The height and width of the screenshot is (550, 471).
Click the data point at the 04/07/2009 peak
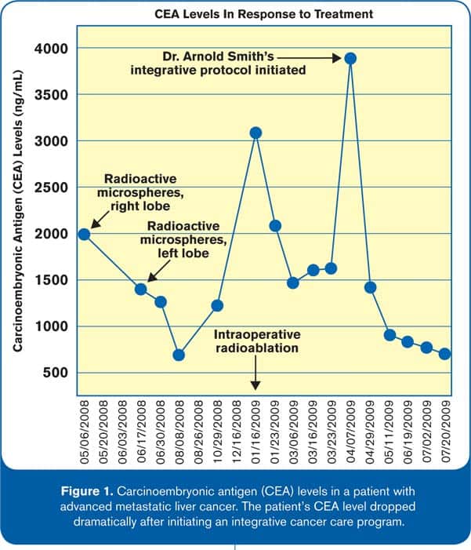point(351,58)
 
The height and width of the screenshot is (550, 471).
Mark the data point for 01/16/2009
point(255,133)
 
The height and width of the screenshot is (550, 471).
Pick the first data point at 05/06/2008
point(84,234)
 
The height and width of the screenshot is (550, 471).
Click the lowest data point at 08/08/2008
point(179,355)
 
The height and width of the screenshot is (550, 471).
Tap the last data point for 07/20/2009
point(445,354)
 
